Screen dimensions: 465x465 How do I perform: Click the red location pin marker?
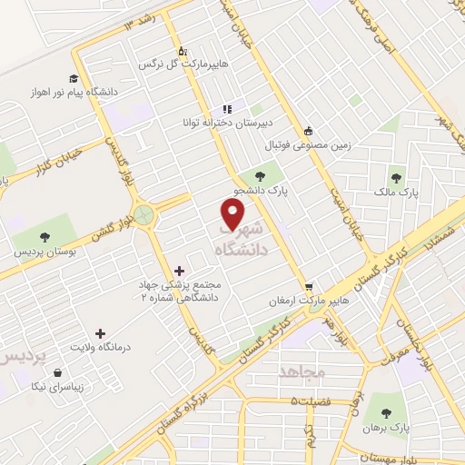click(x=233, y=213)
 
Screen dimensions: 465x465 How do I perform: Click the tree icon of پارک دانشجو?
click(x=261, y=177)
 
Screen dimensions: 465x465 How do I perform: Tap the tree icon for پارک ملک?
click(x=395, y=178)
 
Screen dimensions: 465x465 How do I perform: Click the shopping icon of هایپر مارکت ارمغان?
click(x=309, y=285)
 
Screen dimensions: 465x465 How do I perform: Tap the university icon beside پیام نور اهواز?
click(x=74, y=78)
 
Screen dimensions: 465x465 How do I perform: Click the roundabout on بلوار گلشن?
click(x=143, y=214)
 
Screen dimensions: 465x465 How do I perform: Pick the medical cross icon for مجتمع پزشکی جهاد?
click(x=178, y=270)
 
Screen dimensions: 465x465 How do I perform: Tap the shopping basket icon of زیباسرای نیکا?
click(x=58, y=372)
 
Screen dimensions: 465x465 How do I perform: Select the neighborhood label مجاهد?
click(x=301, y=372)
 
